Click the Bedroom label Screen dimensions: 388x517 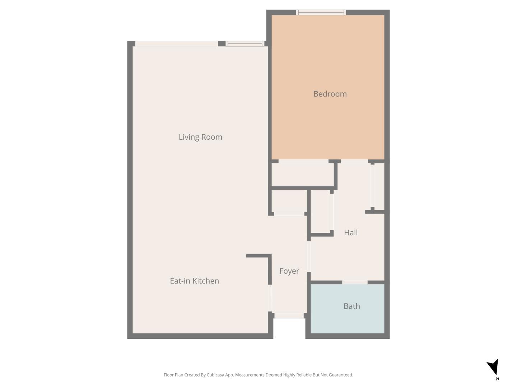[330, 94]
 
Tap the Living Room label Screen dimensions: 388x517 [200, 137]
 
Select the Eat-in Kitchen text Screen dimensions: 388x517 [194, 281]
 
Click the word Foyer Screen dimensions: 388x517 [289, 271]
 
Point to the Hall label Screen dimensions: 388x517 [351, 232]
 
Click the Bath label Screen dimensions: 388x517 [351, 306]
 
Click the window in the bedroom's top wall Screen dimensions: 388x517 [321, 13]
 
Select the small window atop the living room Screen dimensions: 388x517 [245, 44]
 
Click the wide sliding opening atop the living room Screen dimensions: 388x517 [176, 44]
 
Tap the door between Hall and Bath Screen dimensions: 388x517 [355, 282]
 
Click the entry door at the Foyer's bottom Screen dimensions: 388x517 [289, 315]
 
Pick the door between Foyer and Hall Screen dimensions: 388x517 [309, 257]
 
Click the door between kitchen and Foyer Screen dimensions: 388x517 [270, 298]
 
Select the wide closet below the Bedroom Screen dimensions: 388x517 [302, 175]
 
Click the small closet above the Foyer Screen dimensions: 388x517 [289, 201]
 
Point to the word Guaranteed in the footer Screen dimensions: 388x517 [341, 375]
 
